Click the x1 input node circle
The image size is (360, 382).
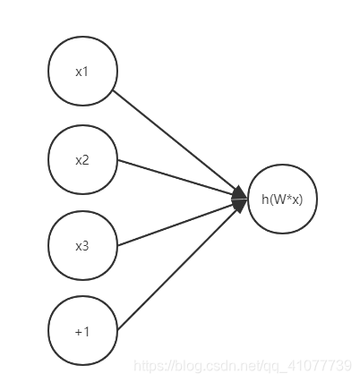pyautogui.click(x=82, y=72)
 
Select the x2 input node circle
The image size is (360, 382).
pyautogui.click(x=82, y=160)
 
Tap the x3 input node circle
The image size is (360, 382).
pyautogui.click(x=82, y=246)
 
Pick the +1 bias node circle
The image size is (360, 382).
pyautogui.click(x=82, y=331)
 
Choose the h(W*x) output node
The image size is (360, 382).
pyautogui.click(x=282, y=199)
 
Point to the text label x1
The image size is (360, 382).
pyautogui.click(x=82, y=72)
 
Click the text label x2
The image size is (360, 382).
pyautogui.click(x=82, y=160)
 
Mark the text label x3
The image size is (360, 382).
pyautogui.click(x=82, y=246)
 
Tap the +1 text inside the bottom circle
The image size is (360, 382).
pyautogui.click(x=82, y=332)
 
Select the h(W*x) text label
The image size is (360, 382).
pyautogui.click(x=282, y=199)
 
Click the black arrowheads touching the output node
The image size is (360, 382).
pyautogui.click(x=239, y=198)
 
